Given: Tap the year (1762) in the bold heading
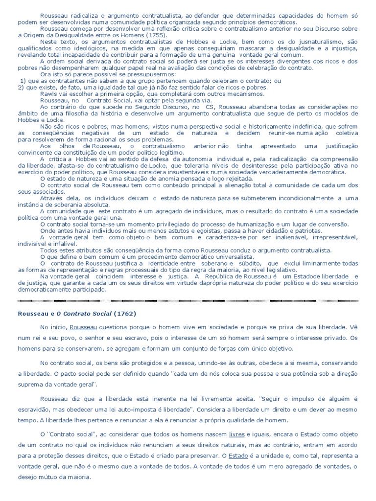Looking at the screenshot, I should pos(125,313).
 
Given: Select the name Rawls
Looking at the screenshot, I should pos(48,93).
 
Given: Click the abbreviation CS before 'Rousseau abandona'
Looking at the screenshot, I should pos(210,106).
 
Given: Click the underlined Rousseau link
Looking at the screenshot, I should pos(83,326).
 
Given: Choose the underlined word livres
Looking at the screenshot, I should pos(237,433).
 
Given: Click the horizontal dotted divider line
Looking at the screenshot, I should pos(188,300).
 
